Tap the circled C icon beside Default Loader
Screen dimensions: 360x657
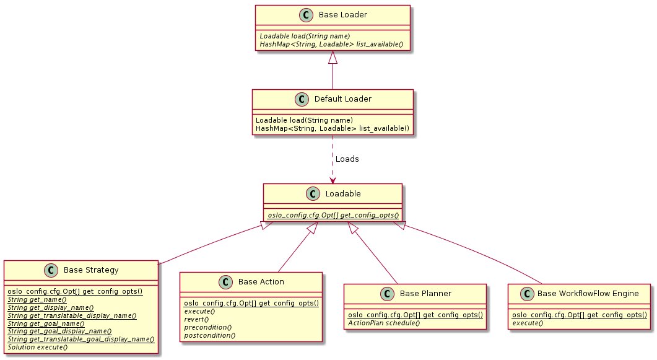click(x=302, y=99)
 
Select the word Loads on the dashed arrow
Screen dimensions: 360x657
click(x=347, y=159)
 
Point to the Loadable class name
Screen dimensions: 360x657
click(x=342, y=194)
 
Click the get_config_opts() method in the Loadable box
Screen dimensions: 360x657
click(x=333, y=214)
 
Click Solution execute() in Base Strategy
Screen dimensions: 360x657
click(x=38, y=347)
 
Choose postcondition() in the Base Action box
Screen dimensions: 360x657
click(x=209, y=335)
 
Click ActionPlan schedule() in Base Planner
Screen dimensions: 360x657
click(x=384, y=323)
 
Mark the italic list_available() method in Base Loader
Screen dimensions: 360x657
click(x=331, y=44)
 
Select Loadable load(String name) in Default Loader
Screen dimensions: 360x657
click(x=304, y=120)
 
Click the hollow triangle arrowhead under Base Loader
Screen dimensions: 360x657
click(x=333, y=58)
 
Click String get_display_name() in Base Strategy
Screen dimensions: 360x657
click(x=50, y=307)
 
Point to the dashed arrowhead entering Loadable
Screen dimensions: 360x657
click(x=333, y=180)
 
